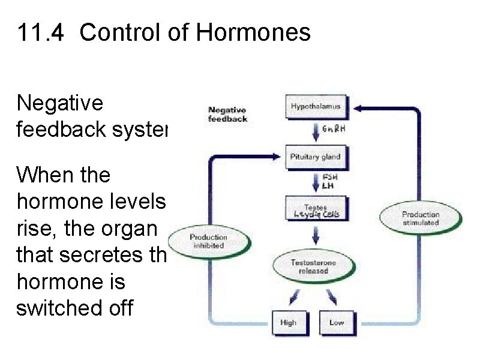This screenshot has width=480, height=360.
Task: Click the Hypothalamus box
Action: pyautogui.click(x=316, y=107)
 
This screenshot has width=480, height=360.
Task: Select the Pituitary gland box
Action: pyautogui.click(x=316, y=157)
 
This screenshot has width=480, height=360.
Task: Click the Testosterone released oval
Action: pyautogui.click(x=313, y=266)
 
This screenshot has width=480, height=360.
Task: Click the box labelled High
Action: pyautogui.click(x=288, y=322)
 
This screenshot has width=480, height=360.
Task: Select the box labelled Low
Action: pyautogui.click(x=337, y=322)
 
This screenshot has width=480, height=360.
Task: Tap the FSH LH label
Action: pyautogui.click(x=330, y=181)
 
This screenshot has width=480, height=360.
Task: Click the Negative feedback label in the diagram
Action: pyautogui.click(x=227, y=114)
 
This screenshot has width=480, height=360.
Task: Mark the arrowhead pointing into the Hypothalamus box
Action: pyautogui.click(x=358, y=108)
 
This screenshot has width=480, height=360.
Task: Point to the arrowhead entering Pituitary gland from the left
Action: pyautogui.click(x=275, y=157)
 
